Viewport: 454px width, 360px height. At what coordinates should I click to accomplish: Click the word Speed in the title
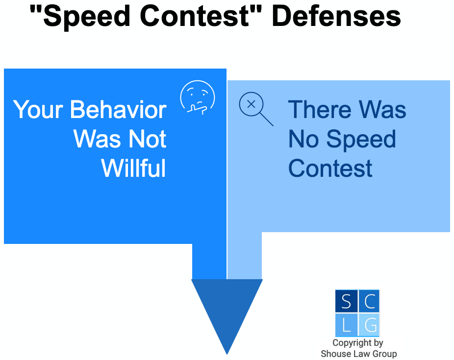[87, 17]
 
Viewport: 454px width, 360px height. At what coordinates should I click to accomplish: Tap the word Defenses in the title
[336, 16]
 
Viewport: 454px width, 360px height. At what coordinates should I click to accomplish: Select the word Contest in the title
[195, 16]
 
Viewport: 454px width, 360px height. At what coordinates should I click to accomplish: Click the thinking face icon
[198, 97]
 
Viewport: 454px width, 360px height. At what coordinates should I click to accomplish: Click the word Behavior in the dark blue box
[118, 110]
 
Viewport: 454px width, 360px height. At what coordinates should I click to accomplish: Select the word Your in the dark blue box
[38, 110]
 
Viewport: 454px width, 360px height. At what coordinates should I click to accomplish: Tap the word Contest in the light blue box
[330, 168]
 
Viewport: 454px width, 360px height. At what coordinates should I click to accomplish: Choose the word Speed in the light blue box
[361, 140]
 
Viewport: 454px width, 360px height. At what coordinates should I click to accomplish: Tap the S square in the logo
[346, 301]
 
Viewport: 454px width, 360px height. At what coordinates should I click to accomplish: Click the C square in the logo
[369, 301]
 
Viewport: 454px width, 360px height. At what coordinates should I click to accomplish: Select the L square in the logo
[346, 324]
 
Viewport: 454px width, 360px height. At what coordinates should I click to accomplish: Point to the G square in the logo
[369, 324]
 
